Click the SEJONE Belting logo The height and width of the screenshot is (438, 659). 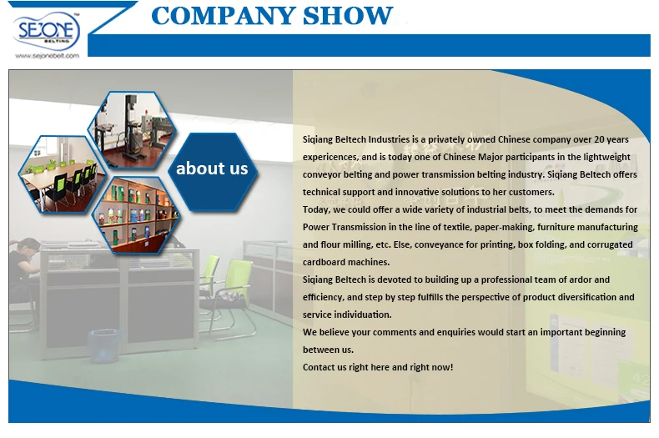[48, 33]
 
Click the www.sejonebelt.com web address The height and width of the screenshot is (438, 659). [47, 56]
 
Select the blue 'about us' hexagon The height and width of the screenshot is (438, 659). [212, 169]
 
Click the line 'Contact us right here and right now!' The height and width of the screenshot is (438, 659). [378, 367]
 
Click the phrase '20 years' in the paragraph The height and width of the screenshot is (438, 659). [610, 139]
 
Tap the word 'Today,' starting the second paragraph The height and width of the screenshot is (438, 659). [317, 209]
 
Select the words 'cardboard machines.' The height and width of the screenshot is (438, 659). [342, 262]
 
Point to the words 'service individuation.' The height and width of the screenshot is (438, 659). [346, 315]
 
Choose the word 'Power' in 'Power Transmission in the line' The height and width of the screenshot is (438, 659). [315, 227]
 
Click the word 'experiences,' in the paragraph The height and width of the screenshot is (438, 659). [329, 157]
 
